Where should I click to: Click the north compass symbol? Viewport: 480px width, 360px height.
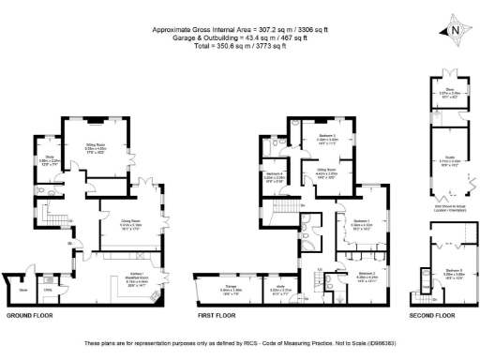[x=454, y=31]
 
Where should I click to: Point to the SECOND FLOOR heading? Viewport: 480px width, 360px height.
[x=432, y=316]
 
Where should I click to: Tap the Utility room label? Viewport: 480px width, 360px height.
[x=46, y=290]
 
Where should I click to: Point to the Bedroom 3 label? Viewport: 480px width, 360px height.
[x=326, y=137]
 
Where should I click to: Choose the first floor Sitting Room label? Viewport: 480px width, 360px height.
[x=325, y=172]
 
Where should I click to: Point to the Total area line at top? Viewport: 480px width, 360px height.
[x=239, y=44]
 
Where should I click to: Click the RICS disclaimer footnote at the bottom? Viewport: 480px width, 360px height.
[x=239, y=344]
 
